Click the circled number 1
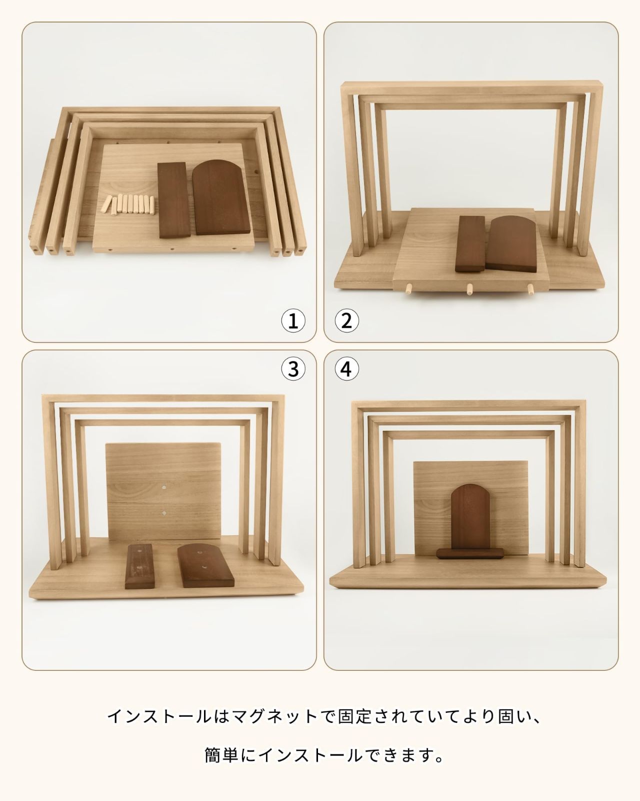(293, 321)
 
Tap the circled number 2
(346, 321)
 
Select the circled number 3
(293, 369)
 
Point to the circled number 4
(346, 369)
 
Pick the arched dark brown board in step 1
(221, 197)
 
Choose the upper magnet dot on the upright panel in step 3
(164, 487)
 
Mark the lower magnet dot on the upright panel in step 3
(164, 513)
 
